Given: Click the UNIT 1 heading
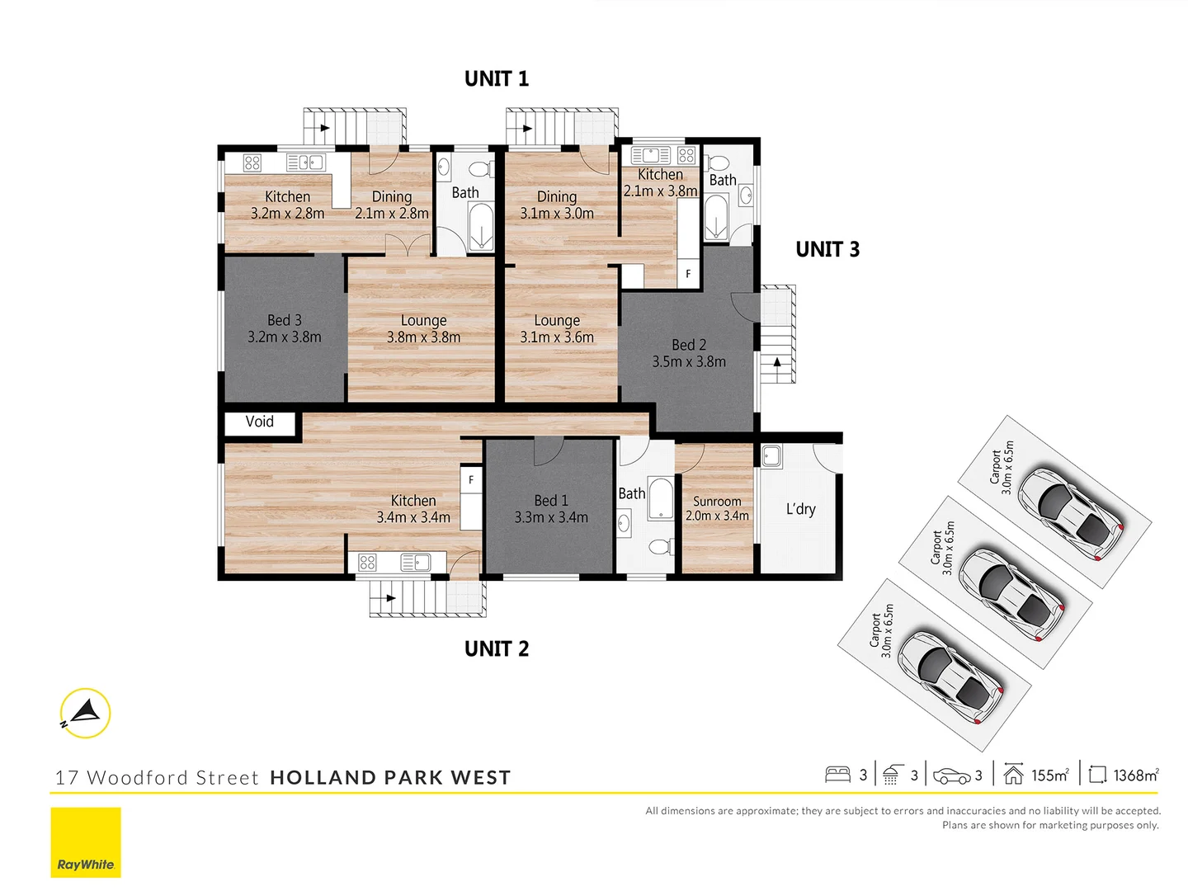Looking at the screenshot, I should pyautogui.click(x=496, y=79).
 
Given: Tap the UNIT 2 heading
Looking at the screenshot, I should pyautogui.click(x=496, y=649).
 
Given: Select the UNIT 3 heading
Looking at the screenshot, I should pyautogui.click(x=827, y=250).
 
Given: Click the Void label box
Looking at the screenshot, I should pyautogui.click(x=259, y=422).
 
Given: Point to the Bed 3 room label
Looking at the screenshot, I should pyautogui.click(x=284, y=320).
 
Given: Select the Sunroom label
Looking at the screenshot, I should pyautogui.click(x=716, y=502).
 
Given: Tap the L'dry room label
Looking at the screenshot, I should pyautogui.click(x=800, y=509).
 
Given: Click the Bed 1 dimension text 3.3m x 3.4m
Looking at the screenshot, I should pyautogui.click(x=550, y=518).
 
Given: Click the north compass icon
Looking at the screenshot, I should pyautogui.click(x=85, y=713).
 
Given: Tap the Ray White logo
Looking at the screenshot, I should pyautogui.click(x=86, y=842).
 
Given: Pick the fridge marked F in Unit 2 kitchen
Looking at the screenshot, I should pyautogui.click(x=471, y=480).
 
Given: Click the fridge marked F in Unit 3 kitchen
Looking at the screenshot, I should pyautogui.click(x=688, y=274).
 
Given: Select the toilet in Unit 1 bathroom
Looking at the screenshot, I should pyautogui.click(x=478, y=170).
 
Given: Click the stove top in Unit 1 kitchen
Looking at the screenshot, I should pyautogui.click(x=252, y=163).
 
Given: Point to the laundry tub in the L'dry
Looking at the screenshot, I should pyautogui.click(x=771, y=456).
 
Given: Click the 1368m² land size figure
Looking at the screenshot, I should pyautogui.click(x=1135, y=775).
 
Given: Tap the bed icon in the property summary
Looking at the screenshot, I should pyautogui.click(x=837, y=775).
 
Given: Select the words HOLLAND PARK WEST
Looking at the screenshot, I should pyautogui.click(x=390, y=778).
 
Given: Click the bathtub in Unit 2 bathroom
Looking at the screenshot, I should pyautogui.click(x=661, y=498).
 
